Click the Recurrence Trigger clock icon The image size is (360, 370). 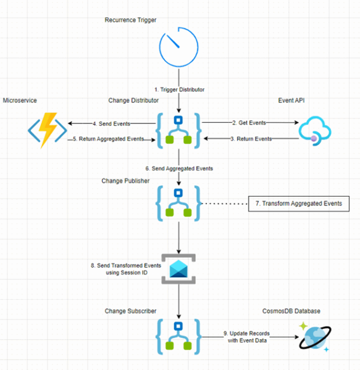tap(178, 47)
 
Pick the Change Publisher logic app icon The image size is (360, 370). tap(178, 203)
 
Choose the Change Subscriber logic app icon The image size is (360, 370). tap(178, 335)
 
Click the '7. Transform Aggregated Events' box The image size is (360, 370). tap(298, 203)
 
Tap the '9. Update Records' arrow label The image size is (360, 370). tap(246, 337)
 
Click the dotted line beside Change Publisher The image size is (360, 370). tap(225, 203)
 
